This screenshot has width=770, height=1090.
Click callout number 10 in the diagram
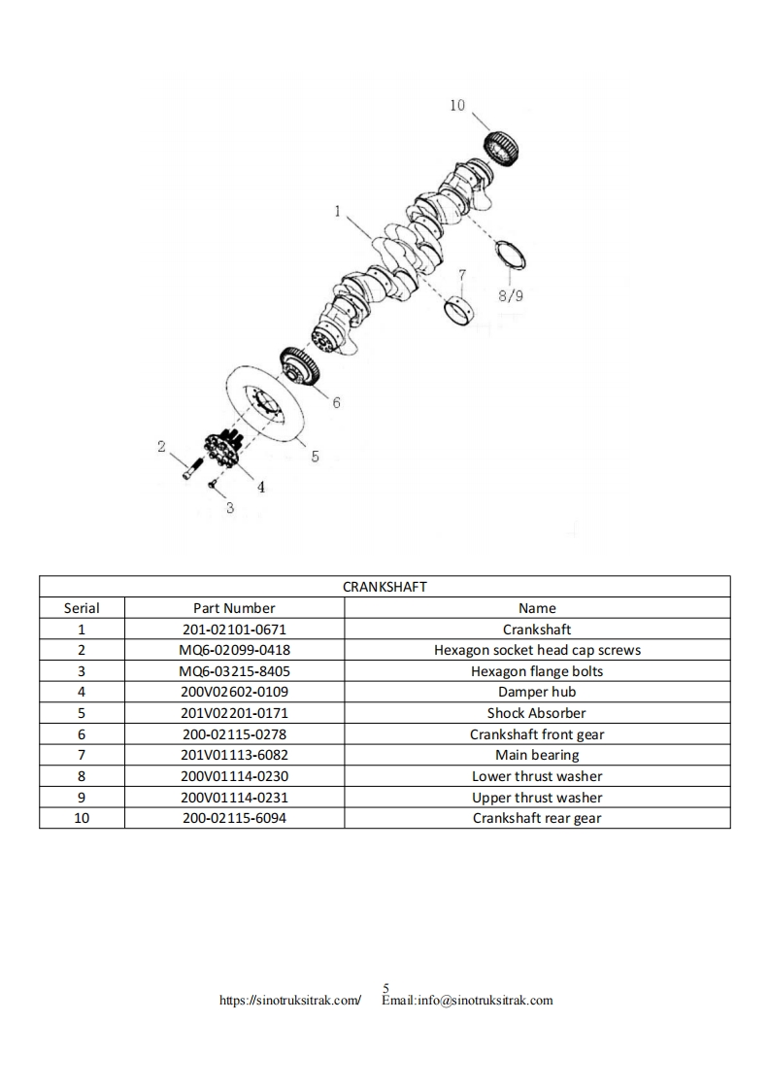457,105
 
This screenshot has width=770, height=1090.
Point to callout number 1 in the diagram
337,211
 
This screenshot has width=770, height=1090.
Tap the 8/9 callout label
511,295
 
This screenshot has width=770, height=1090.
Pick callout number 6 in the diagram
336,402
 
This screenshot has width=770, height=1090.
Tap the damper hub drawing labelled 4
221,452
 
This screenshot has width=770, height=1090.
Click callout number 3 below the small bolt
229,507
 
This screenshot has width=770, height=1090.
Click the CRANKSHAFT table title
385,587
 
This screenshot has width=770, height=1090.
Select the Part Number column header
234,608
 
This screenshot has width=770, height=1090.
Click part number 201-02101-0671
234,630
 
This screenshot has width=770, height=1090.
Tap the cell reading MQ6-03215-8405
234,671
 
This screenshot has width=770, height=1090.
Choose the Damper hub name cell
536,692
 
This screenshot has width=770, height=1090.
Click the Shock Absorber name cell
536,713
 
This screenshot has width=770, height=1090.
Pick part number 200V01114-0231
234,798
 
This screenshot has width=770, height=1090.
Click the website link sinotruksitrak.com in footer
290,1000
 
